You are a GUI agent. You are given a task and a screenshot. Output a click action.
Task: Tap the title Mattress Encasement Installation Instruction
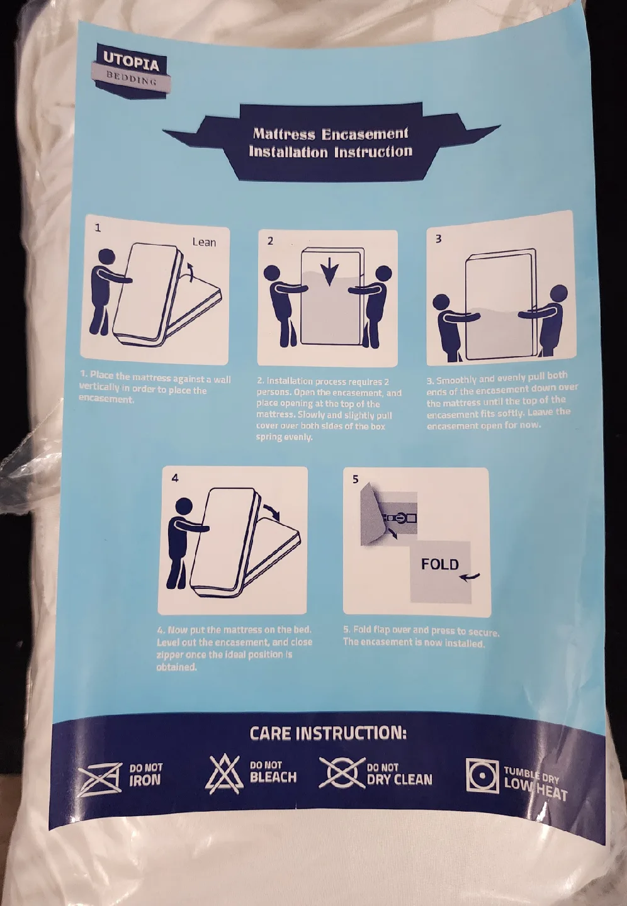330,143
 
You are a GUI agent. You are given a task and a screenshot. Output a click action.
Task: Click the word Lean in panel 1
203,242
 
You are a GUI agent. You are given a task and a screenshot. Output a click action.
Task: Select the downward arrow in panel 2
329,271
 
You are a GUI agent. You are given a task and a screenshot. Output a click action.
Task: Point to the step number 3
438,239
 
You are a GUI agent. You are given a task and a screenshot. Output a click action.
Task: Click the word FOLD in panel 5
439,564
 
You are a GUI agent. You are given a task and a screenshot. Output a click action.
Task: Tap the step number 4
175,478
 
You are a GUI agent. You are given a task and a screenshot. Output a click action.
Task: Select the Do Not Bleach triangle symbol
225,774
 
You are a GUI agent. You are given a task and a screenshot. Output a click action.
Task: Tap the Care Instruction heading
328,734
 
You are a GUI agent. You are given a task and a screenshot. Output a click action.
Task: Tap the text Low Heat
535,789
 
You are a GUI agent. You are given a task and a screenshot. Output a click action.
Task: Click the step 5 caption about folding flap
421,637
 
